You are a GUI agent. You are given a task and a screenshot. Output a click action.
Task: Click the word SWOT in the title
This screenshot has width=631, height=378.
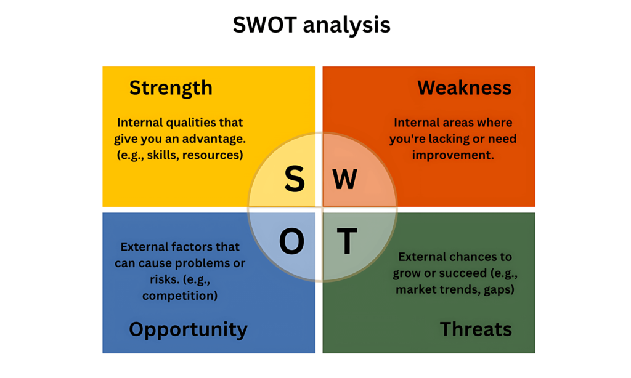tap(264, 25)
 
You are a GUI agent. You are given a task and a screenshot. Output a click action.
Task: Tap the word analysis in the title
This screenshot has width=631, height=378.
tap(346, 26)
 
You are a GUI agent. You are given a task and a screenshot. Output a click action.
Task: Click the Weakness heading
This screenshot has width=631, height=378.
tap(465, 87)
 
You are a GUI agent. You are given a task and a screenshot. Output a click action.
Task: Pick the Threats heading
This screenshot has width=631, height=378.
tap(476, 329)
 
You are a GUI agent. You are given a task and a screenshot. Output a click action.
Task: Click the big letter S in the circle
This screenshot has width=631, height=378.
tap(295, 179)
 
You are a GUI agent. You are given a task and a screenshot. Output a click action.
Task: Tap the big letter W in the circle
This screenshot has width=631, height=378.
tap(345, 179)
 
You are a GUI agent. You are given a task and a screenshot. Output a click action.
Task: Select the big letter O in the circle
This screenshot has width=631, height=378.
tap(291, 241)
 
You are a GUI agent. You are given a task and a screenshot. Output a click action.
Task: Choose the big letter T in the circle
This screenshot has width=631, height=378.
tap(347, 241)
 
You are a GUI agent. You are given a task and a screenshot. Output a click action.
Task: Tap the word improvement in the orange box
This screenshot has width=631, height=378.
tap(453, 155)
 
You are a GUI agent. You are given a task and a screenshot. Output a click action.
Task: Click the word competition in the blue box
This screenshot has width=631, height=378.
tap(180, 296)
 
